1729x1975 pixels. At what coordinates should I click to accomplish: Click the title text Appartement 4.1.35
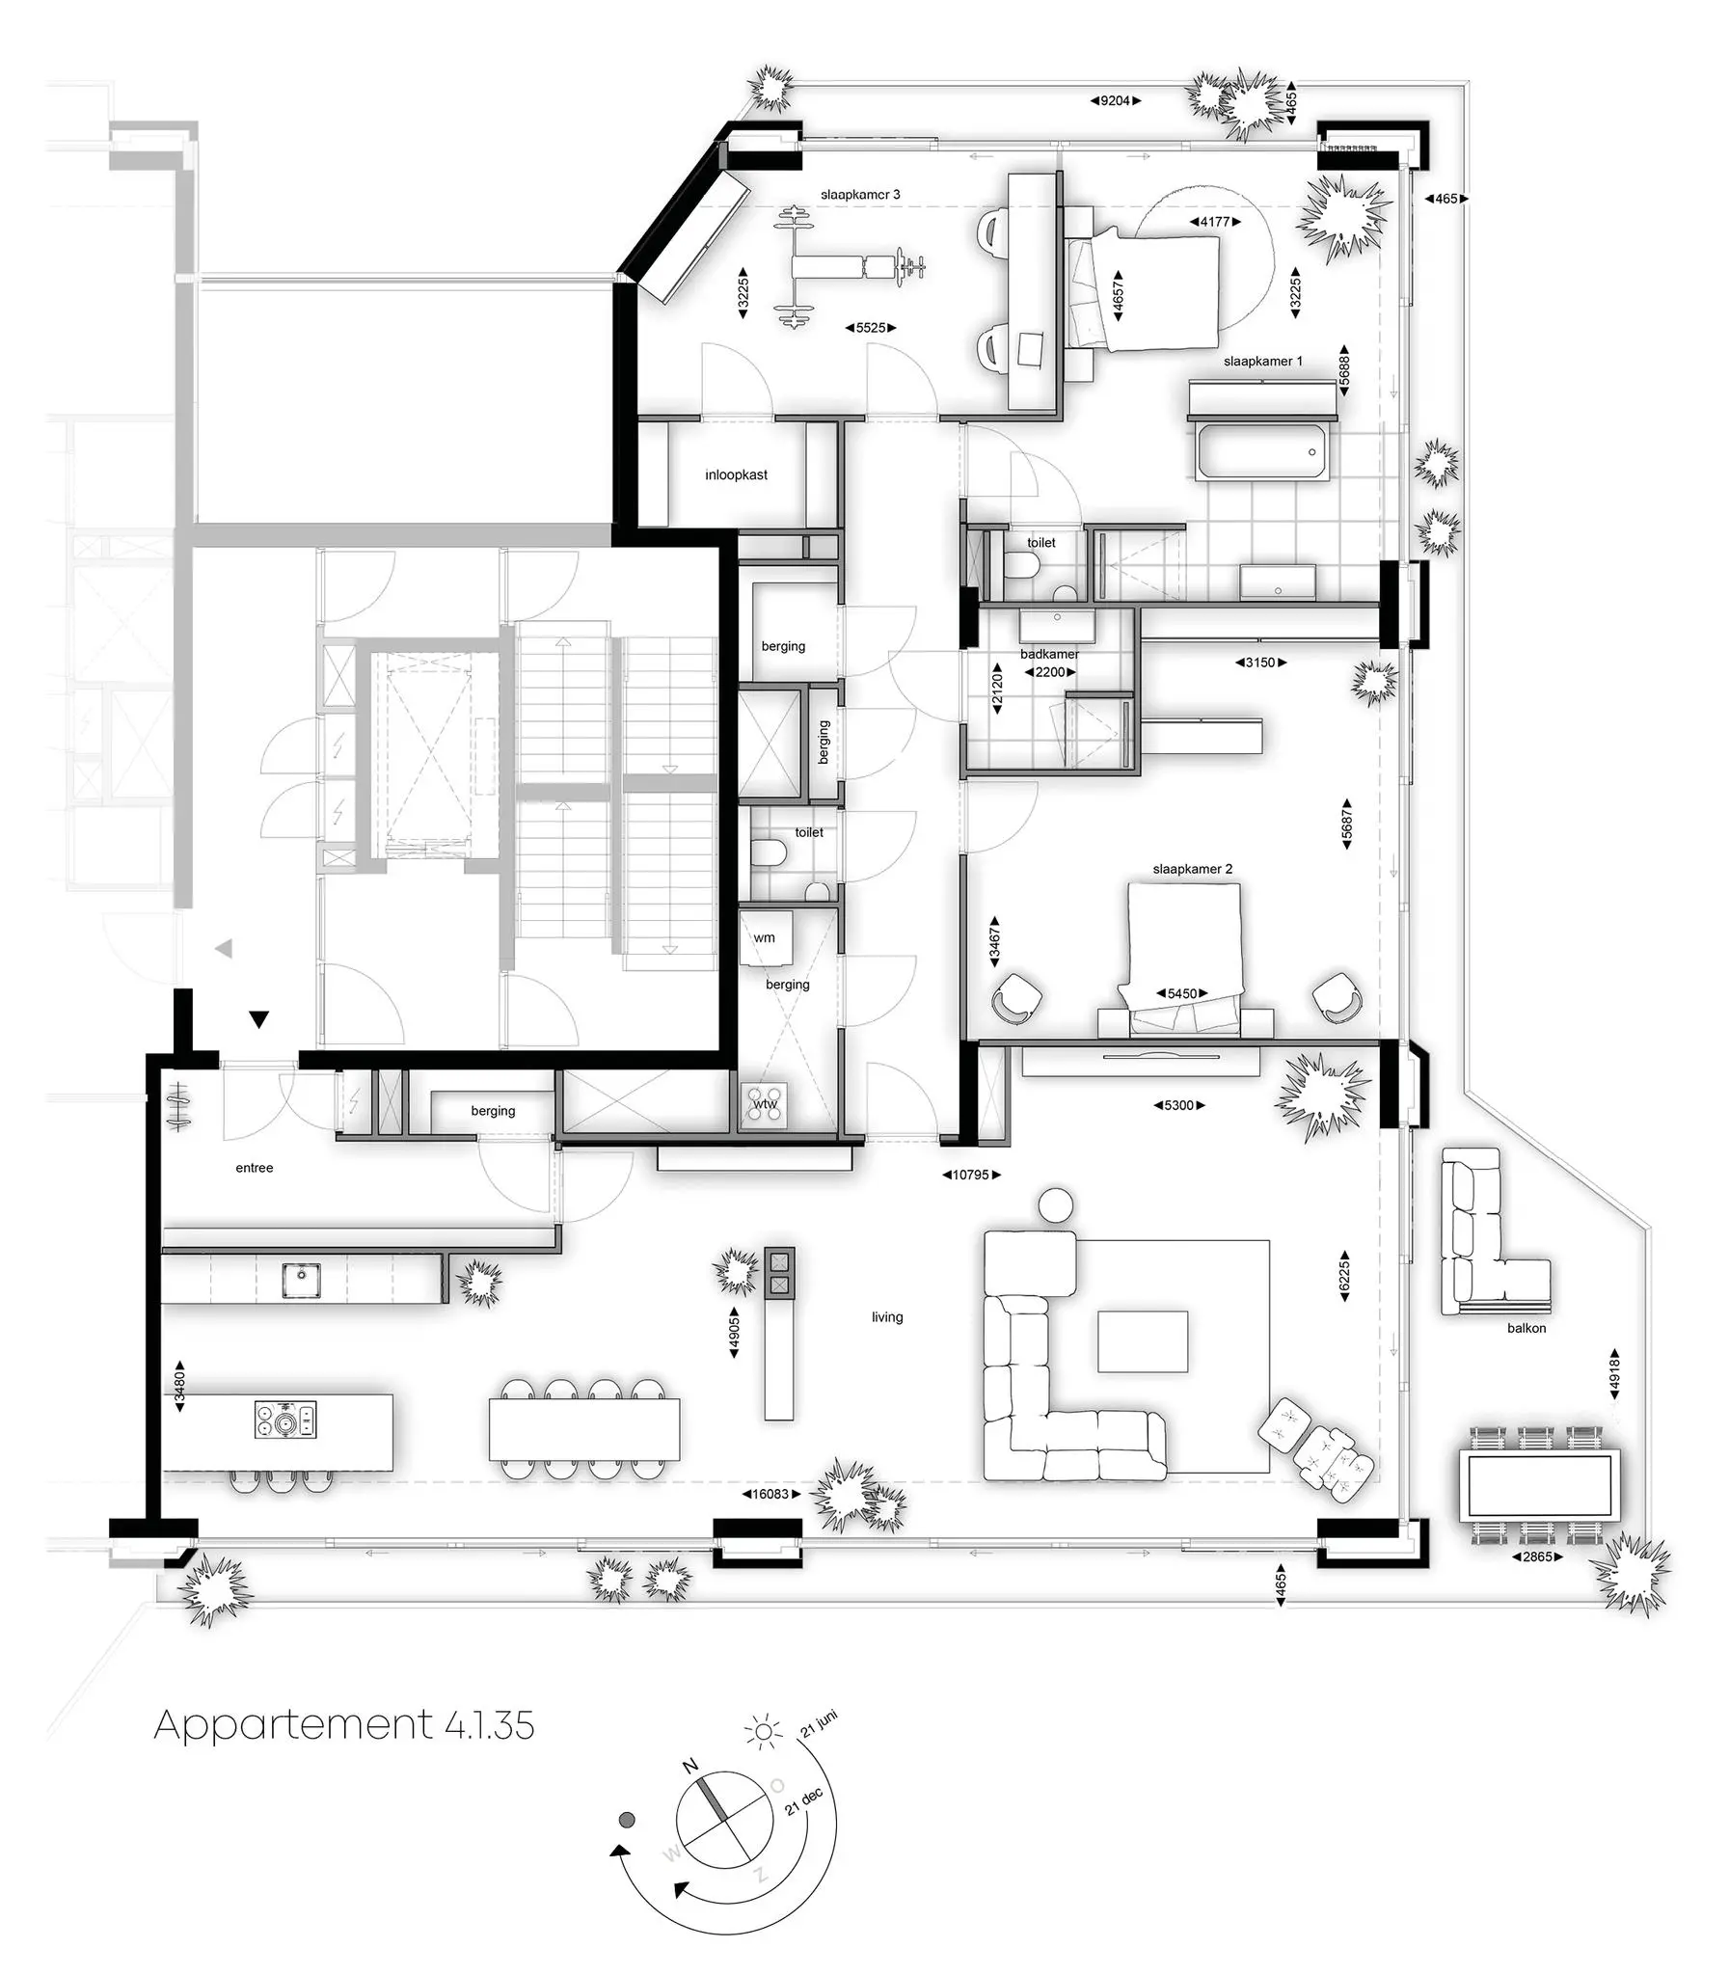point(343,1724)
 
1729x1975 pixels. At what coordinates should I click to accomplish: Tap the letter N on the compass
point(689,1767)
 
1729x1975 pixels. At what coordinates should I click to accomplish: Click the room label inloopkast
point(736,474)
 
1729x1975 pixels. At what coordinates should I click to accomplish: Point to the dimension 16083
point(770,1495)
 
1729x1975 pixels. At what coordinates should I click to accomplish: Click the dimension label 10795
point(971,1176)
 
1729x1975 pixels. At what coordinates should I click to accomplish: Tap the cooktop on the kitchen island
point(284,1420)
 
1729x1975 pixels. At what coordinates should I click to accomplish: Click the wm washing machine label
point(764,937)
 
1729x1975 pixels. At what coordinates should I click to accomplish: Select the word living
point(887,1317)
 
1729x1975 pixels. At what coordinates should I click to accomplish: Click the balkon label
point(1526,1329)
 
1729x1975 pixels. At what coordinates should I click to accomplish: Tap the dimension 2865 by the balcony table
point(1536,1557)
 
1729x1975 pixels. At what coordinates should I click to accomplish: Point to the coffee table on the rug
point(1143,1341)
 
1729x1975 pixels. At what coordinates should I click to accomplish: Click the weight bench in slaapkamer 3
point(849,265)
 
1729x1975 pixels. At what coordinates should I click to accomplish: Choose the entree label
point(254,1169)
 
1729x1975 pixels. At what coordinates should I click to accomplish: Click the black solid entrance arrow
point(258,1019)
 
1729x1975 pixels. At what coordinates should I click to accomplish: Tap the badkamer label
point(1049,654)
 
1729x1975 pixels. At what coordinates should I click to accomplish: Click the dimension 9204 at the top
point(1116,100)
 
